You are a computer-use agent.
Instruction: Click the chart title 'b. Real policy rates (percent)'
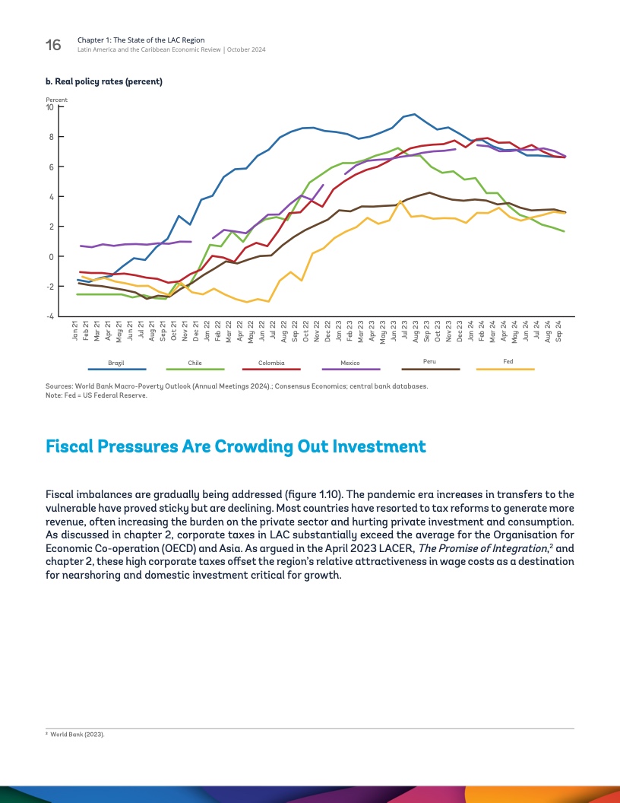click(x=104, y=81)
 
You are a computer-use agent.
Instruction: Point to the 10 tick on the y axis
click(x=50, y=107)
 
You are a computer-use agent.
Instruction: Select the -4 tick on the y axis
click(x=49, y=316)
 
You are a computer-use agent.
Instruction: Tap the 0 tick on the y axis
click(x=51, y=257)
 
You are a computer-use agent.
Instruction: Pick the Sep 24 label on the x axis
click(x=559, y=332)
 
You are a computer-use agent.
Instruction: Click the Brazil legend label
click(x=116, y=363)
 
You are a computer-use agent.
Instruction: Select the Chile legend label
click(x=195, y=363)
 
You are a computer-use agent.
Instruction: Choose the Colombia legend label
click(x=271, y=363)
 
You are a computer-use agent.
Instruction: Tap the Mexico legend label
click(x=350, y=363)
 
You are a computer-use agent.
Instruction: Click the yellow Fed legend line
click(x=505, y=370)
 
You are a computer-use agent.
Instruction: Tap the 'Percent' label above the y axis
click(x=56, y=100)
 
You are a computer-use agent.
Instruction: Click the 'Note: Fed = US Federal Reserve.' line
click(x=96, y=395)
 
